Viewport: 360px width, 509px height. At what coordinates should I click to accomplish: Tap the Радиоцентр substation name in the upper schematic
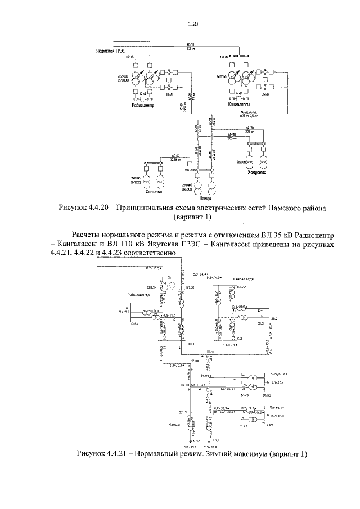(x=143, y=105)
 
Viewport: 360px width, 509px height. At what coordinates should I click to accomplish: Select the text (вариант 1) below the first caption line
(x=193, y=218)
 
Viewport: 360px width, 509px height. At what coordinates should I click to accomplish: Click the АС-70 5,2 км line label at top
(x=190, y=45)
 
